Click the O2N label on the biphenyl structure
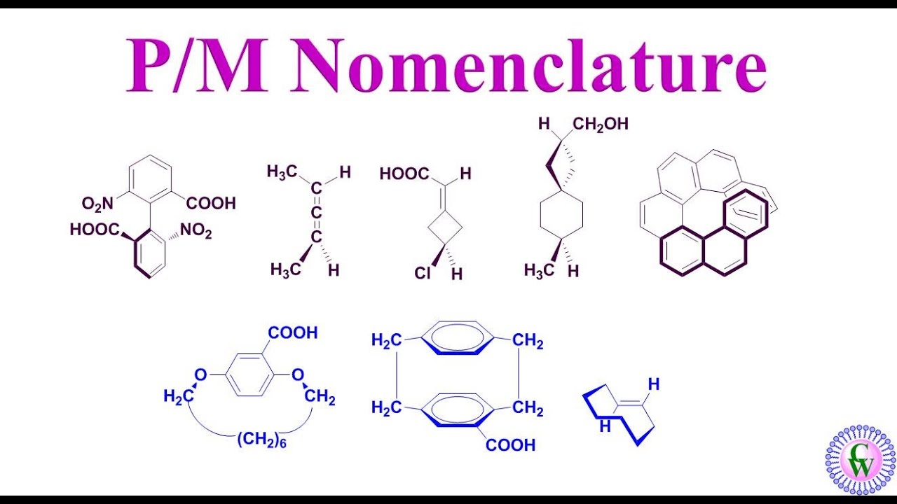97,204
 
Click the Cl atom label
423,273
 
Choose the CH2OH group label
601,125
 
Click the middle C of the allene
317,212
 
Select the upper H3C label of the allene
283,172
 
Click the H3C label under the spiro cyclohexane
539,270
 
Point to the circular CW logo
861,460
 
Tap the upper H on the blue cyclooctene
654,384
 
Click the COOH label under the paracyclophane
511,444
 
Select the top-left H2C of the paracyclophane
387,341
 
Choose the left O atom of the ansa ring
200,376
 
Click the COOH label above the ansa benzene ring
293,332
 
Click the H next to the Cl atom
457,274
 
